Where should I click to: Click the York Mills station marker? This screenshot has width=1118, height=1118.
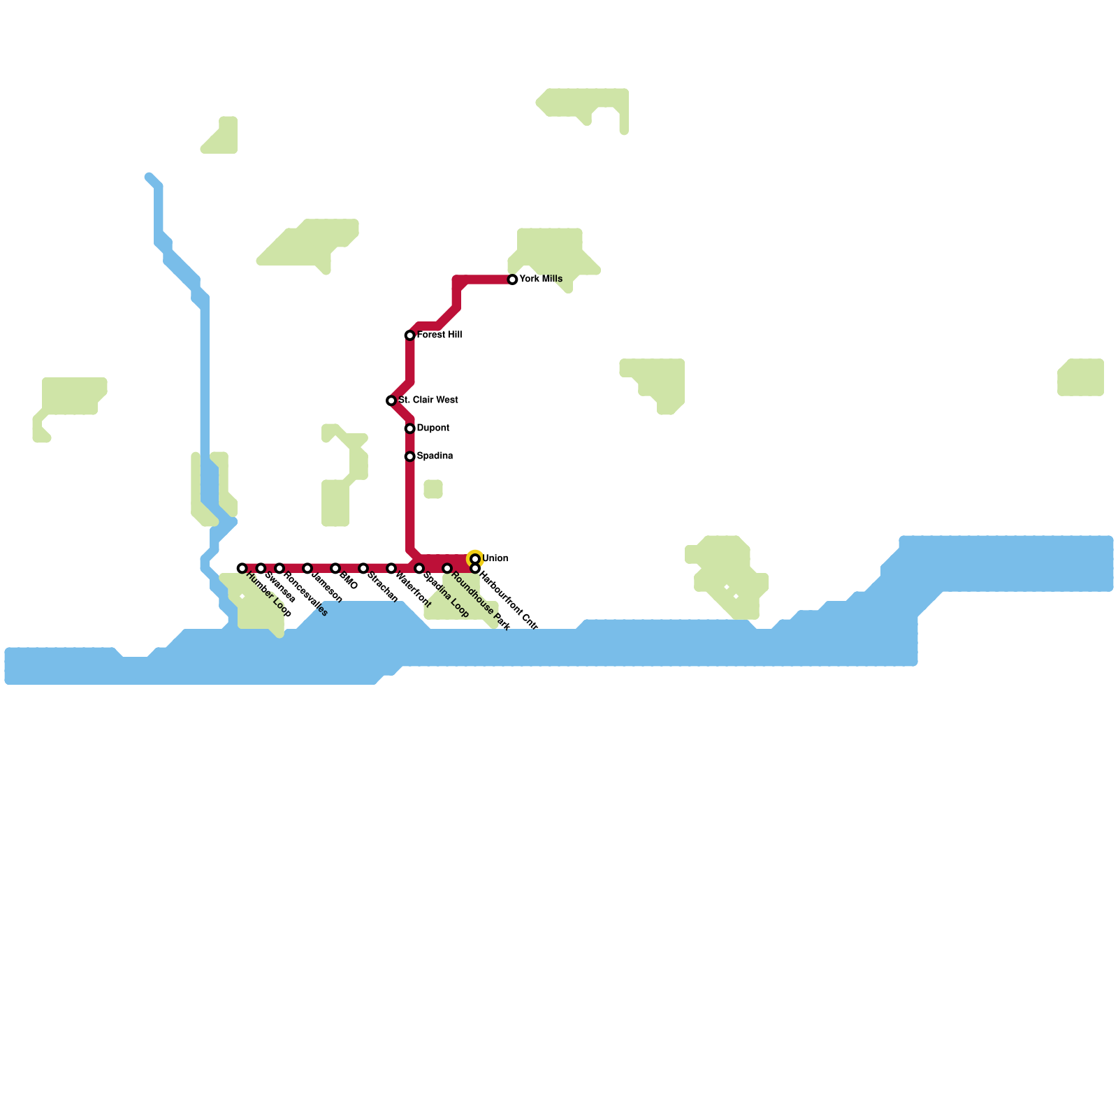pyautogui.click(x=512, y=279)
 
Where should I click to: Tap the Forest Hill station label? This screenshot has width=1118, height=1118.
pyautogui.click(x=439, y=335)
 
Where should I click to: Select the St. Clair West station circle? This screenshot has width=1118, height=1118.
pyautogui.click(x=391, y=400)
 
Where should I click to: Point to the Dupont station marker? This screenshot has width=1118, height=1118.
pyautogui.click(x=410, y=428)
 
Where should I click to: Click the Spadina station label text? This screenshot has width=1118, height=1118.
pyautogui.click(x=435, y=456)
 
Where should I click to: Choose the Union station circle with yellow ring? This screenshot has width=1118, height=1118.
pyautogui.click(x=475, y=558)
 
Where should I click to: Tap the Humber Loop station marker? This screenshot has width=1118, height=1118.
pyautogui.click(x=242, y=568)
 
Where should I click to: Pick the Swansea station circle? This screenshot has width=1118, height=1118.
pyautogui.click(x=261, y=568)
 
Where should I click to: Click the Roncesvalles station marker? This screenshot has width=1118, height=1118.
pyautogui.click(x=279, y=568)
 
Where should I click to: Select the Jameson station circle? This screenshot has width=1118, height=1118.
pyautogui.click(x=307, y=568)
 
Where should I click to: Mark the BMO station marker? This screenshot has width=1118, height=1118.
pyautogui.click(x=335, y=568)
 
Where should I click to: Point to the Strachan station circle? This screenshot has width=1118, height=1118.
pyautogui.click(x=363, y=568)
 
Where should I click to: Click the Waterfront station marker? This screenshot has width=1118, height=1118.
pyautogui.click(x=391, y=568)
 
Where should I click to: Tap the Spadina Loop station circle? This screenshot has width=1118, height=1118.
pyautogui.click(x=419, y=568)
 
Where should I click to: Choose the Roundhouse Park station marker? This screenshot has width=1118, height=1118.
pyautogui.click(x=447, y=568)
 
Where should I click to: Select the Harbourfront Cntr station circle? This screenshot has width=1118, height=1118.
pyautogui.click(x=475, y=568)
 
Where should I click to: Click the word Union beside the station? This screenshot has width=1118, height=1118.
pyautogui.click(x=495, y=558)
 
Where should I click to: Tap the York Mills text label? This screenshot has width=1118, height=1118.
pyautogui.click(x=541, y=279)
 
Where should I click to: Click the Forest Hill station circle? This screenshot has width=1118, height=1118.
pyautogui.click(x=410, y=335)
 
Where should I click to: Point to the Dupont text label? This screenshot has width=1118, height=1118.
pyautogui.click(x=433, y=428)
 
